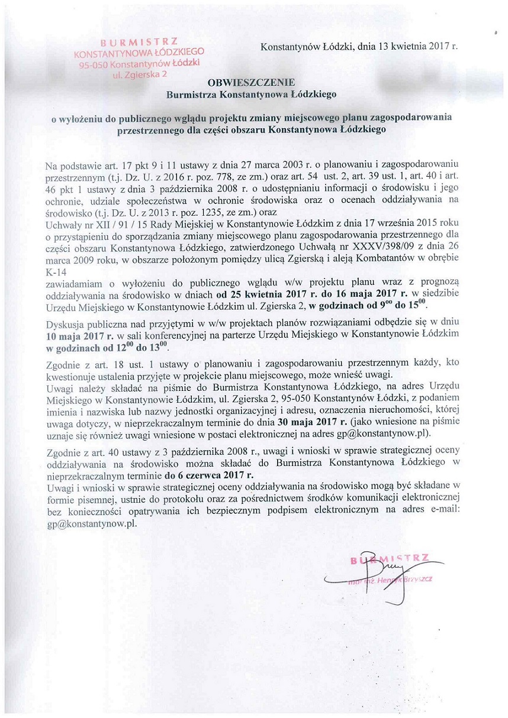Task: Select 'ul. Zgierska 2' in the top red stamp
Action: tap(136, 75)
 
